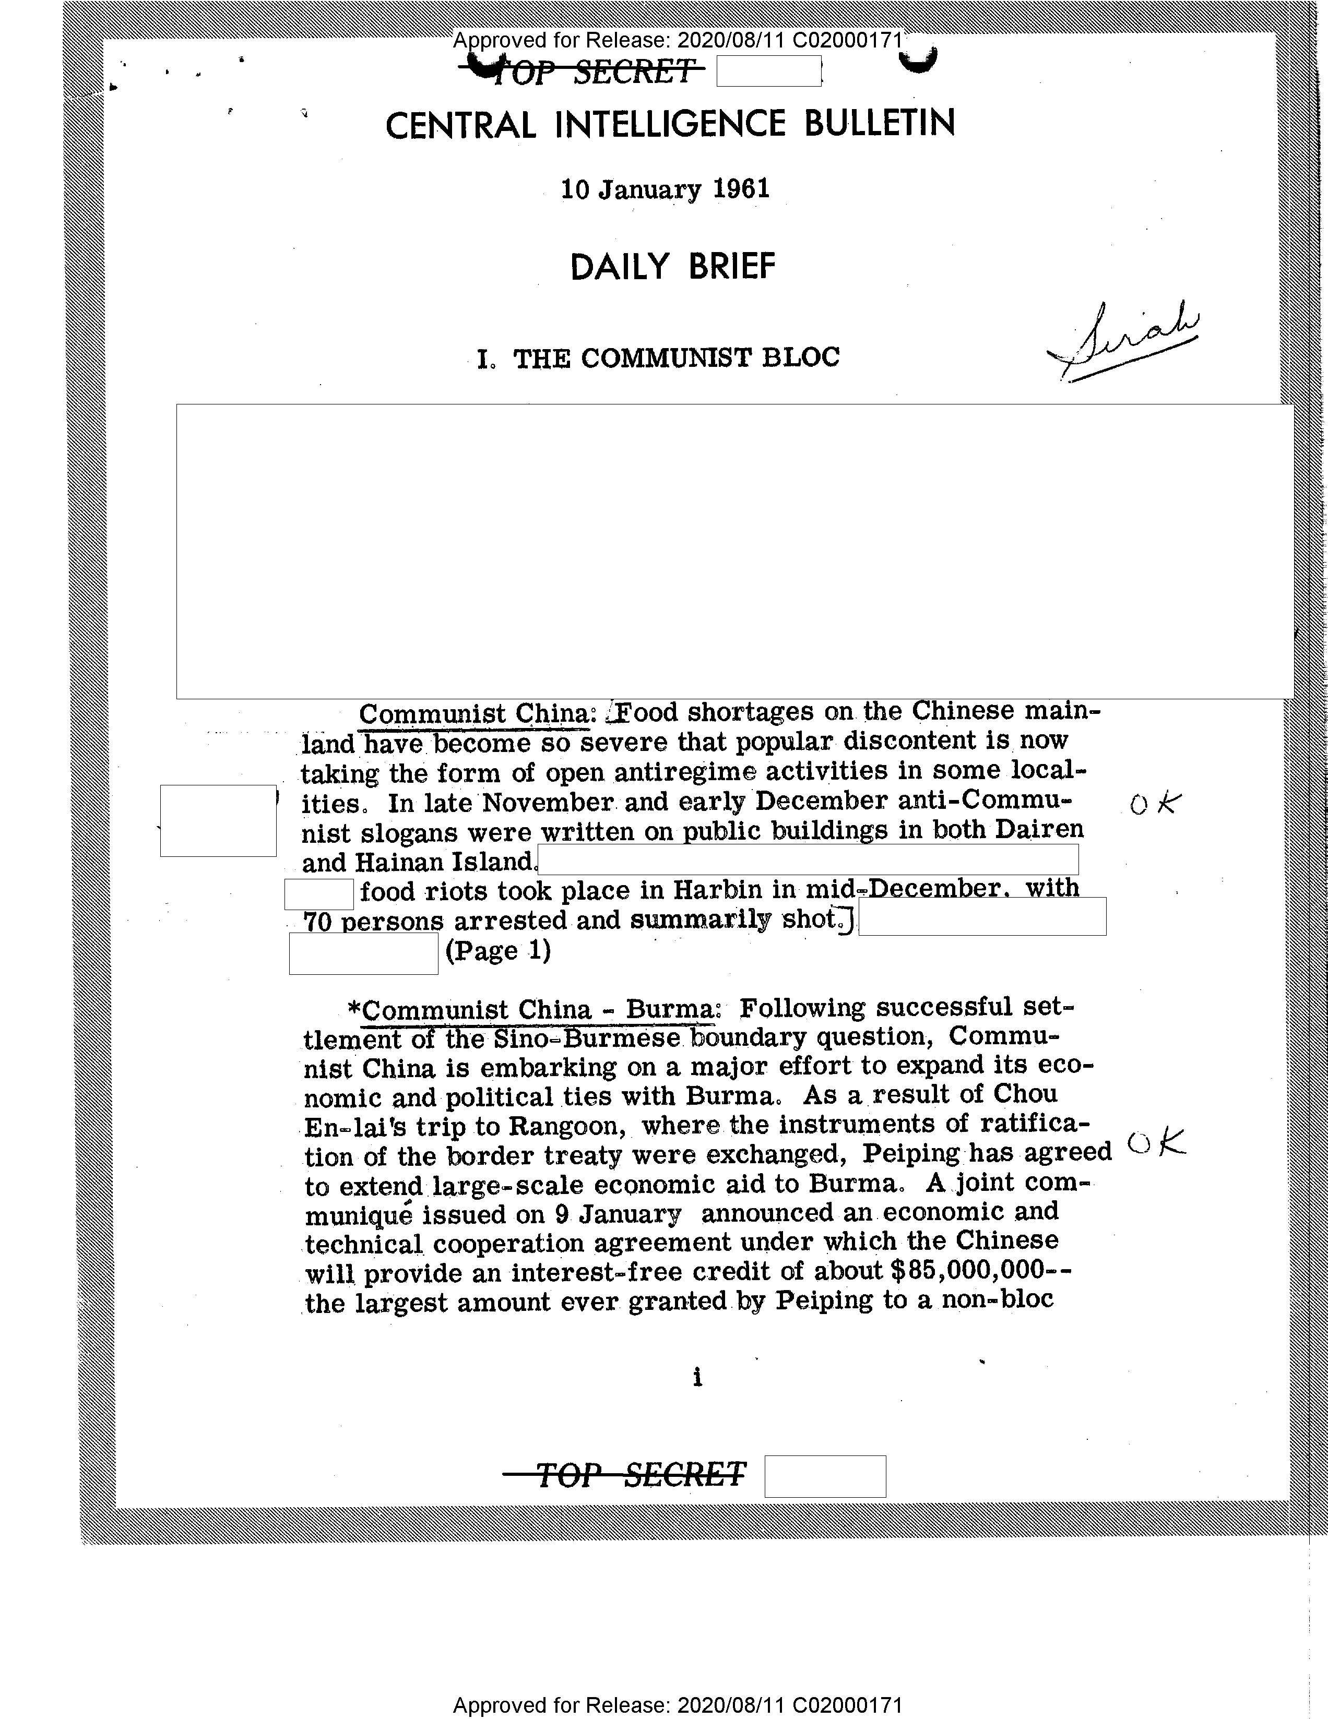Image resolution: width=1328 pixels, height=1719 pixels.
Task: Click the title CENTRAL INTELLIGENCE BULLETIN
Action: (x=670, y=124)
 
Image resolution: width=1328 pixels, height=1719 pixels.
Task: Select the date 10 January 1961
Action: (x=665, y=189)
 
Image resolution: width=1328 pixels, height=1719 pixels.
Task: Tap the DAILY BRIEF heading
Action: (x=672, y=267)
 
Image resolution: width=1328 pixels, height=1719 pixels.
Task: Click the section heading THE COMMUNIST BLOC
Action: (x=675, y=358)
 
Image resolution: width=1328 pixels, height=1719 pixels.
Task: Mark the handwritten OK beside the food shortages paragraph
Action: (x=1155, y=804)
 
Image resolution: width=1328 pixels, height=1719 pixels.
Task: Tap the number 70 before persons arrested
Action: (x=317, y=922)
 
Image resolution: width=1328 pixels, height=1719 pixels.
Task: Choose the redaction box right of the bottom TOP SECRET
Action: (x=825, y=1476)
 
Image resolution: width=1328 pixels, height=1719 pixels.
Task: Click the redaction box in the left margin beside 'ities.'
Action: (x=218, y=820)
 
